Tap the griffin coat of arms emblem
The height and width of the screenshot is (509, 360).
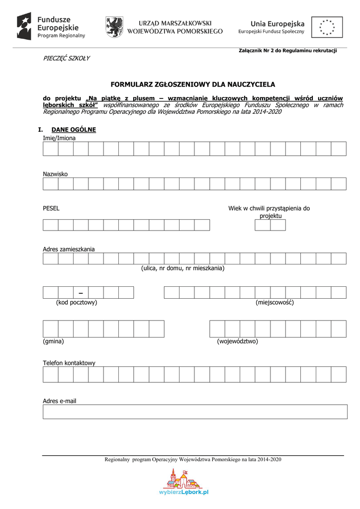[114, 27]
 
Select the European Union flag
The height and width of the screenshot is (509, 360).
[327, 27]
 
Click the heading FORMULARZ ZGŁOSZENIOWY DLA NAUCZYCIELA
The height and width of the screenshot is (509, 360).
[192, 85]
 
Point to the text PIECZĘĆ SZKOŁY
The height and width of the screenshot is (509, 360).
[66, 58]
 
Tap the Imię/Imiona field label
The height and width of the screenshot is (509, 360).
[59, 138]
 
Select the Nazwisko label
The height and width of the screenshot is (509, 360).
[55, 174]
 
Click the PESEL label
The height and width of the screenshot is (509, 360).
[51, 208]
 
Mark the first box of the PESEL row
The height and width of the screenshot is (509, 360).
[51, 225]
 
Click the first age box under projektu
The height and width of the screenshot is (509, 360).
[263, 225]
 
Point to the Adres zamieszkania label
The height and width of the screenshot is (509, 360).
[69, 249]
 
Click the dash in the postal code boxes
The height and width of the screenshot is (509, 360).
[81, 292]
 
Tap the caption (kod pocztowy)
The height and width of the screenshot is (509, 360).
[76, 302]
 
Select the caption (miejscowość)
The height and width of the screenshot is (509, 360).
[274, 302]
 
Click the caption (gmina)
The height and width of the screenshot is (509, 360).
[54, 341]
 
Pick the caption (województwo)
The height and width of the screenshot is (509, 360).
[237, 341]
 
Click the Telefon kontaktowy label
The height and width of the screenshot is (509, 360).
[69, 363]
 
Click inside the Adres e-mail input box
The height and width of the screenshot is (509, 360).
[194, 412]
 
